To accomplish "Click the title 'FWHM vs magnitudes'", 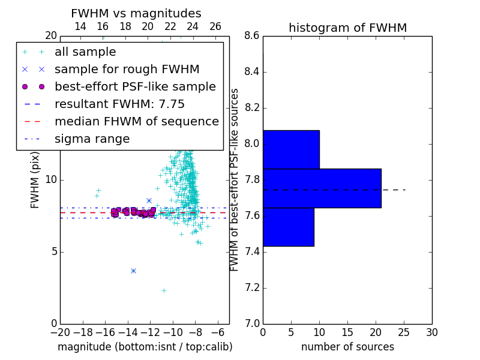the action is click(x=136, y=13).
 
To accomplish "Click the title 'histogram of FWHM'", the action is click(x=348, y=28).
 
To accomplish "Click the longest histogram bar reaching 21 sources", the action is click(x=322, y=188).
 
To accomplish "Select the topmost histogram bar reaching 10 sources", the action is click(x=291, y=149).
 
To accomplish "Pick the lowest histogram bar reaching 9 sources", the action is click(x=289, y=227).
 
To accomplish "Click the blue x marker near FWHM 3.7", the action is click(x=133, y=271).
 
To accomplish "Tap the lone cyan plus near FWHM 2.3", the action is click(x=164, y=290).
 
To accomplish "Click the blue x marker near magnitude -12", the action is click(x=149, y=201).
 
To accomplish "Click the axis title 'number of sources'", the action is click(x=348, y=347).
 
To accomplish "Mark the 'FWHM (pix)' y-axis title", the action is click(x=35, y=180).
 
